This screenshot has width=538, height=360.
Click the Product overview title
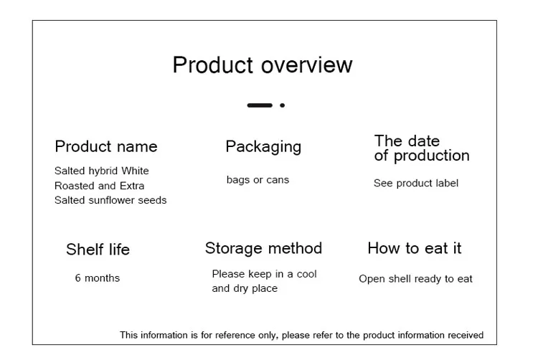click(263, 65)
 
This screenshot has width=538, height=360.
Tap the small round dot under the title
click(283, 105)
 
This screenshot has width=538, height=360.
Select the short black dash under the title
click(260, 105)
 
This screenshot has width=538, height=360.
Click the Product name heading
click(106, 147)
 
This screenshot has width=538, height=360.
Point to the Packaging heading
click(263, 147)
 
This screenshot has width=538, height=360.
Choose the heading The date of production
click(421, 148)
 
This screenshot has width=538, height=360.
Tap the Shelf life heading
click(98, 250)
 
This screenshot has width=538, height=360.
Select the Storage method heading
click(263, 249)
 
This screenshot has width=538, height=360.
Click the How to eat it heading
click(415, 249)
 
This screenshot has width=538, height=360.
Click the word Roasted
click(74, 186)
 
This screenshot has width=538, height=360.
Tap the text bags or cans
click(258, 180)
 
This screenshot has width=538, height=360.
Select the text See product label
click(416, 184)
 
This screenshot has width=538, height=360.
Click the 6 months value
click(98, 278)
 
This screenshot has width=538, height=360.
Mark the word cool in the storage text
click(306, 274)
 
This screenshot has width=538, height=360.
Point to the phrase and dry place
click(245, 288)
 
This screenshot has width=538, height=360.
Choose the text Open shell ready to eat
click(416, 279)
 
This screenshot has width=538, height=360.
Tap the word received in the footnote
click(466, 335)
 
